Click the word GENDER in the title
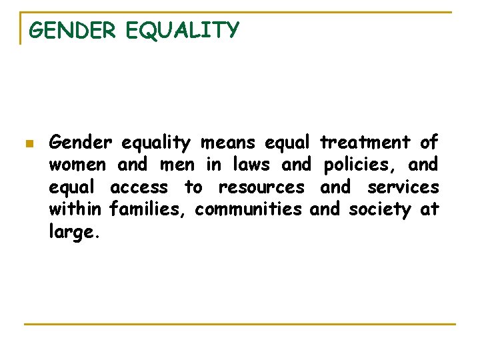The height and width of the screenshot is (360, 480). tap(73, 31)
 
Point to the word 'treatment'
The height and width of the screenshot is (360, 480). tap(365, 143)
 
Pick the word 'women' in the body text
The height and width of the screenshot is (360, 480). tap(77, 165)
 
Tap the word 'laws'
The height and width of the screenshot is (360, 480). tap(252, 165)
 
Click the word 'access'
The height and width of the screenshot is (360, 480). tap(139, 187)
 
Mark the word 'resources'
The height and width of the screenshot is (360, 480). tap(261, 187)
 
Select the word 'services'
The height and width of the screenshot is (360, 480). tap(403, 187)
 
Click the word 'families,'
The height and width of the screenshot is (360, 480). tap(149, 209)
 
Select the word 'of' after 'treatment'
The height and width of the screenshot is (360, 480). tap(429, 143)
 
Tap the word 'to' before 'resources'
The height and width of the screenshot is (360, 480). tap(193, 187)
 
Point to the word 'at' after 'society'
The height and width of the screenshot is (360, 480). tap(429, 209)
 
